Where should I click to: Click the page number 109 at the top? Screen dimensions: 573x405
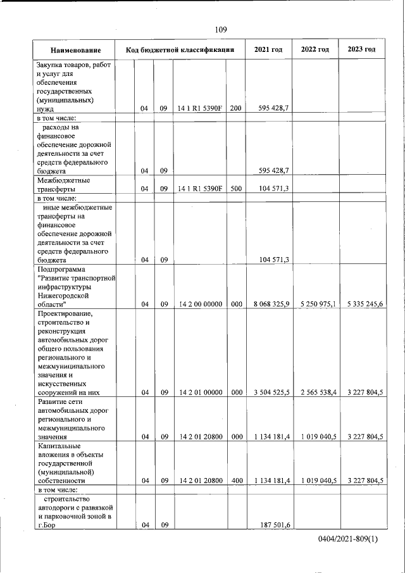point(221,29)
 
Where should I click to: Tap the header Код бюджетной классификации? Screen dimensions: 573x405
point(180,49)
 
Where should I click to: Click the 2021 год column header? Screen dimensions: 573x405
point(268,49)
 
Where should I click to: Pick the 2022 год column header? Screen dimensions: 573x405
point(315,49)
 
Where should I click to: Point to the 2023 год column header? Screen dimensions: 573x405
point(361,49)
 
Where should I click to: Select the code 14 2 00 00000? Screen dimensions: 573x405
point(199,304)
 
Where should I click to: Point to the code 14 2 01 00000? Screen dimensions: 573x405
point(199,392)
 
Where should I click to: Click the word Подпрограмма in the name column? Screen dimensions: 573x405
point(61,268)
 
